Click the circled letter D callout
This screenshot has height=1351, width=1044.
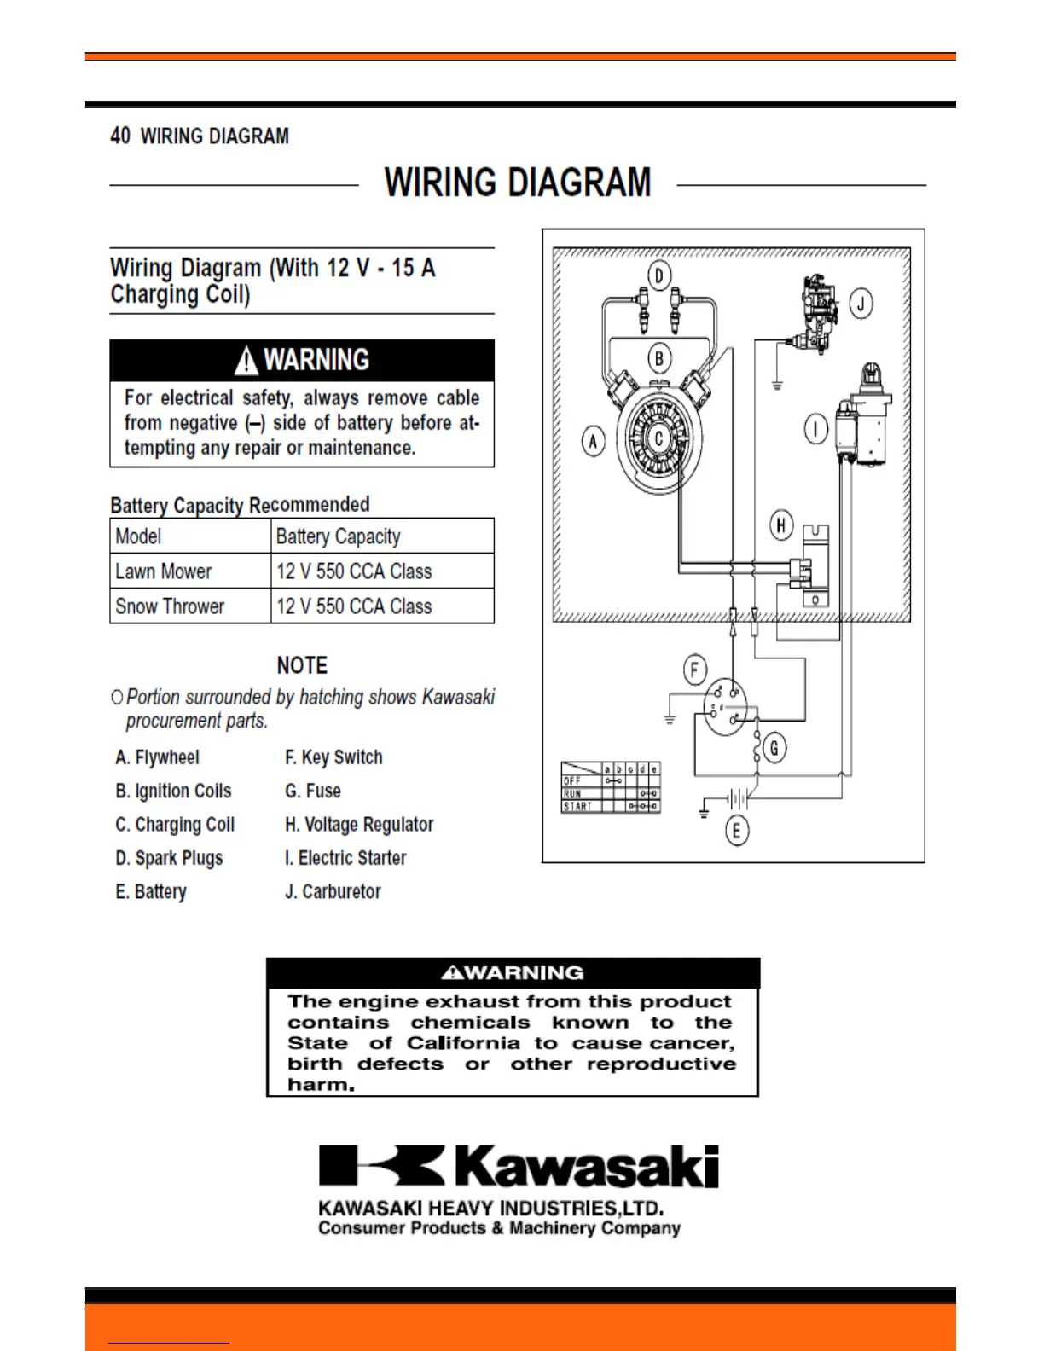point(658,275)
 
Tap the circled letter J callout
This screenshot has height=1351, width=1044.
point(861,304)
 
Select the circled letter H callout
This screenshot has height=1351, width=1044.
point(781,525)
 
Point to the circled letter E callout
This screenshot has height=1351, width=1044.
point(737,830)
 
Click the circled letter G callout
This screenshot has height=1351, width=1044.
point(774,749)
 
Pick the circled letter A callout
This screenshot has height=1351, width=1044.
point(593,441)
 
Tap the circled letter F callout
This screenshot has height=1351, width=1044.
point(694,670)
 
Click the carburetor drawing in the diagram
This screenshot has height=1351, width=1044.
point(815,313)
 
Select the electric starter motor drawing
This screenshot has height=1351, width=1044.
point(863,418)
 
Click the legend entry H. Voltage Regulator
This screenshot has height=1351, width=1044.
point(359,825)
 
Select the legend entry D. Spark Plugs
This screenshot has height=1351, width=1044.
point(169,858)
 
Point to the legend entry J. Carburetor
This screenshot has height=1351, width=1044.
point(333,891)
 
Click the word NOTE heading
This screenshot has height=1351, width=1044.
point(302,665)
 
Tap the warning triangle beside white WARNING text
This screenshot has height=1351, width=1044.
point(246,362)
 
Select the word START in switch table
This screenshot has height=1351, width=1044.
point(577,806)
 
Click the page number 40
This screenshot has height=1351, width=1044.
point(120,136)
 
